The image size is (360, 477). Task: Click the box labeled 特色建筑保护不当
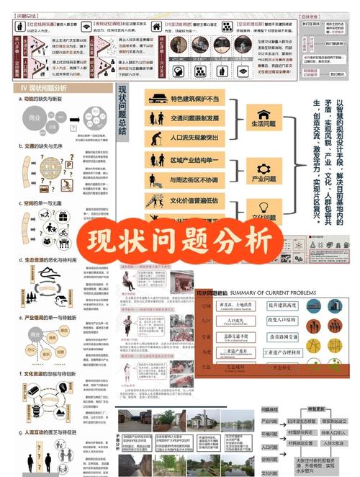tap(189, 99)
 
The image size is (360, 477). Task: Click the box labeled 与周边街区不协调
tap(189, 179)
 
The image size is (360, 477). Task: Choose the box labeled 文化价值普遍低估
tap(189, 200)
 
